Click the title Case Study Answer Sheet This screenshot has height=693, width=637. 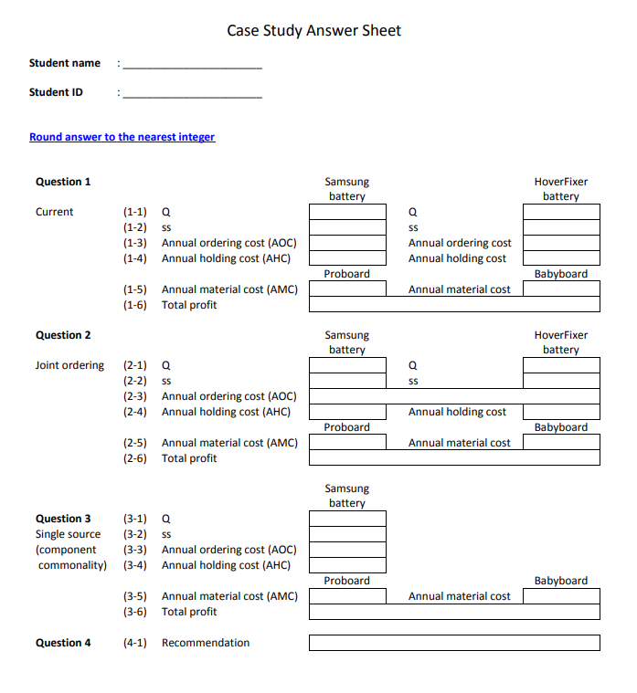point(313,31)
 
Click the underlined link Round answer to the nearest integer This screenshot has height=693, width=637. point(122,137)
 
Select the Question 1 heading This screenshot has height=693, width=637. point(63,182)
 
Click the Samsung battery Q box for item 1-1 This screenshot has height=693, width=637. point(347,212)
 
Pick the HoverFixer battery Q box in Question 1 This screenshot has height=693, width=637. point(560,212)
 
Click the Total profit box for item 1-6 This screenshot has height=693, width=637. point(454,305)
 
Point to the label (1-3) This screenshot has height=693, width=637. point(135,243)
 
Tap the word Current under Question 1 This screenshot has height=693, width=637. point(54,212)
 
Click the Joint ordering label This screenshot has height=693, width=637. point(69,365)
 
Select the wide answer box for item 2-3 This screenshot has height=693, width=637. point(454,396)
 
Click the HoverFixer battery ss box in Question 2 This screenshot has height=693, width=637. point(560,381)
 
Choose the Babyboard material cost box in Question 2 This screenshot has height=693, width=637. point(560,443)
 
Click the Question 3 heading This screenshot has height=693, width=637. point(63,519)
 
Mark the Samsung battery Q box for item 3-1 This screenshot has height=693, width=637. point(347,519)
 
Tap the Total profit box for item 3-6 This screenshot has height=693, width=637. point(454,612)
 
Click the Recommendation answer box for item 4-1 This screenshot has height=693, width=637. point(454,643)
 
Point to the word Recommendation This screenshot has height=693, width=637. point(206,643)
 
